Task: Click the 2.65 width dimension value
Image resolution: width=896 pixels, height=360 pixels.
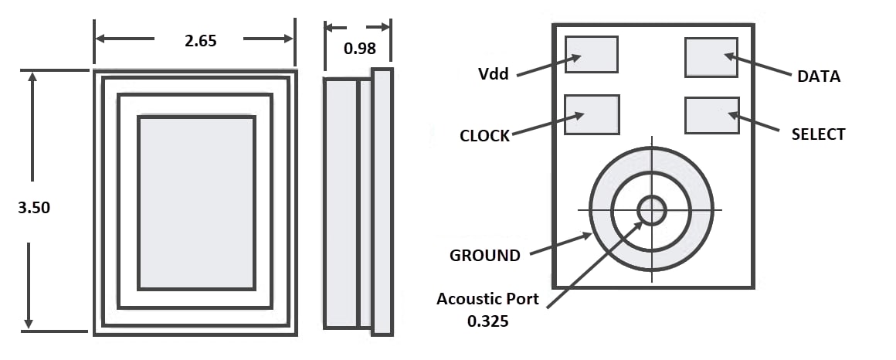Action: (200, 41)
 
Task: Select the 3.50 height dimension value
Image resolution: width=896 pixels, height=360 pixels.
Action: (33, 208)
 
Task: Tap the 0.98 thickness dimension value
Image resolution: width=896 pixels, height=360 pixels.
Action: (359, 49)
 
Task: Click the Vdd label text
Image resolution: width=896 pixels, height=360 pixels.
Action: (493, 75)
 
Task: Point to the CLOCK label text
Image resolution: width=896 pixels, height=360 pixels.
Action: (484, 136)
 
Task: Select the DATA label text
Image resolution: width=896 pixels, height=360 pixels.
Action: (818, 76)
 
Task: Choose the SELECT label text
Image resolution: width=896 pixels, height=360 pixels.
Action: (818, 134)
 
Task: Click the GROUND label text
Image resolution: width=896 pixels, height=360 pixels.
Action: (484, 256)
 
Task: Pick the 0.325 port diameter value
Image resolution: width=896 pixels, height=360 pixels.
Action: (487, 321)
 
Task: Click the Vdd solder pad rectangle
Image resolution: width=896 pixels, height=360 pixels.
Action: (592, 54)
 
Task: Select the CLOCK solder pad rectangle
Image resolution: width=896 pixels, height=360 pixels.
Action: (592, 114)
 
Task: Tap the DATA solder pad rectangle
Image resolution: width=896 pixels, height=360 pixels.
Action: (711, 57)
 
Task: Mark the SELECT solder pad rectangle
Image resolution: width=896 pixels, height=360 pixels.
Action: (711, 115)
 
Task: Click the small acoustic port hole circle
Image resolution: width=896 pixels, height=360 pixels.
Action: (651, 209)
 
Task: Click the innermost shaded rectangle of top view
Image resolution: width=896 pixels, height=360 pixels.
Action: (196, 202)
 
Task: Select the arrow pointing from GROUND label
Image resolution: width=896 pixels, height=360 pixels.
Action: (560, 243)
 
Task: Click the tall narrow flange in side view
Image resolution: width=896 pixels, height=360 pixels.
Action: (382, 202)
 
